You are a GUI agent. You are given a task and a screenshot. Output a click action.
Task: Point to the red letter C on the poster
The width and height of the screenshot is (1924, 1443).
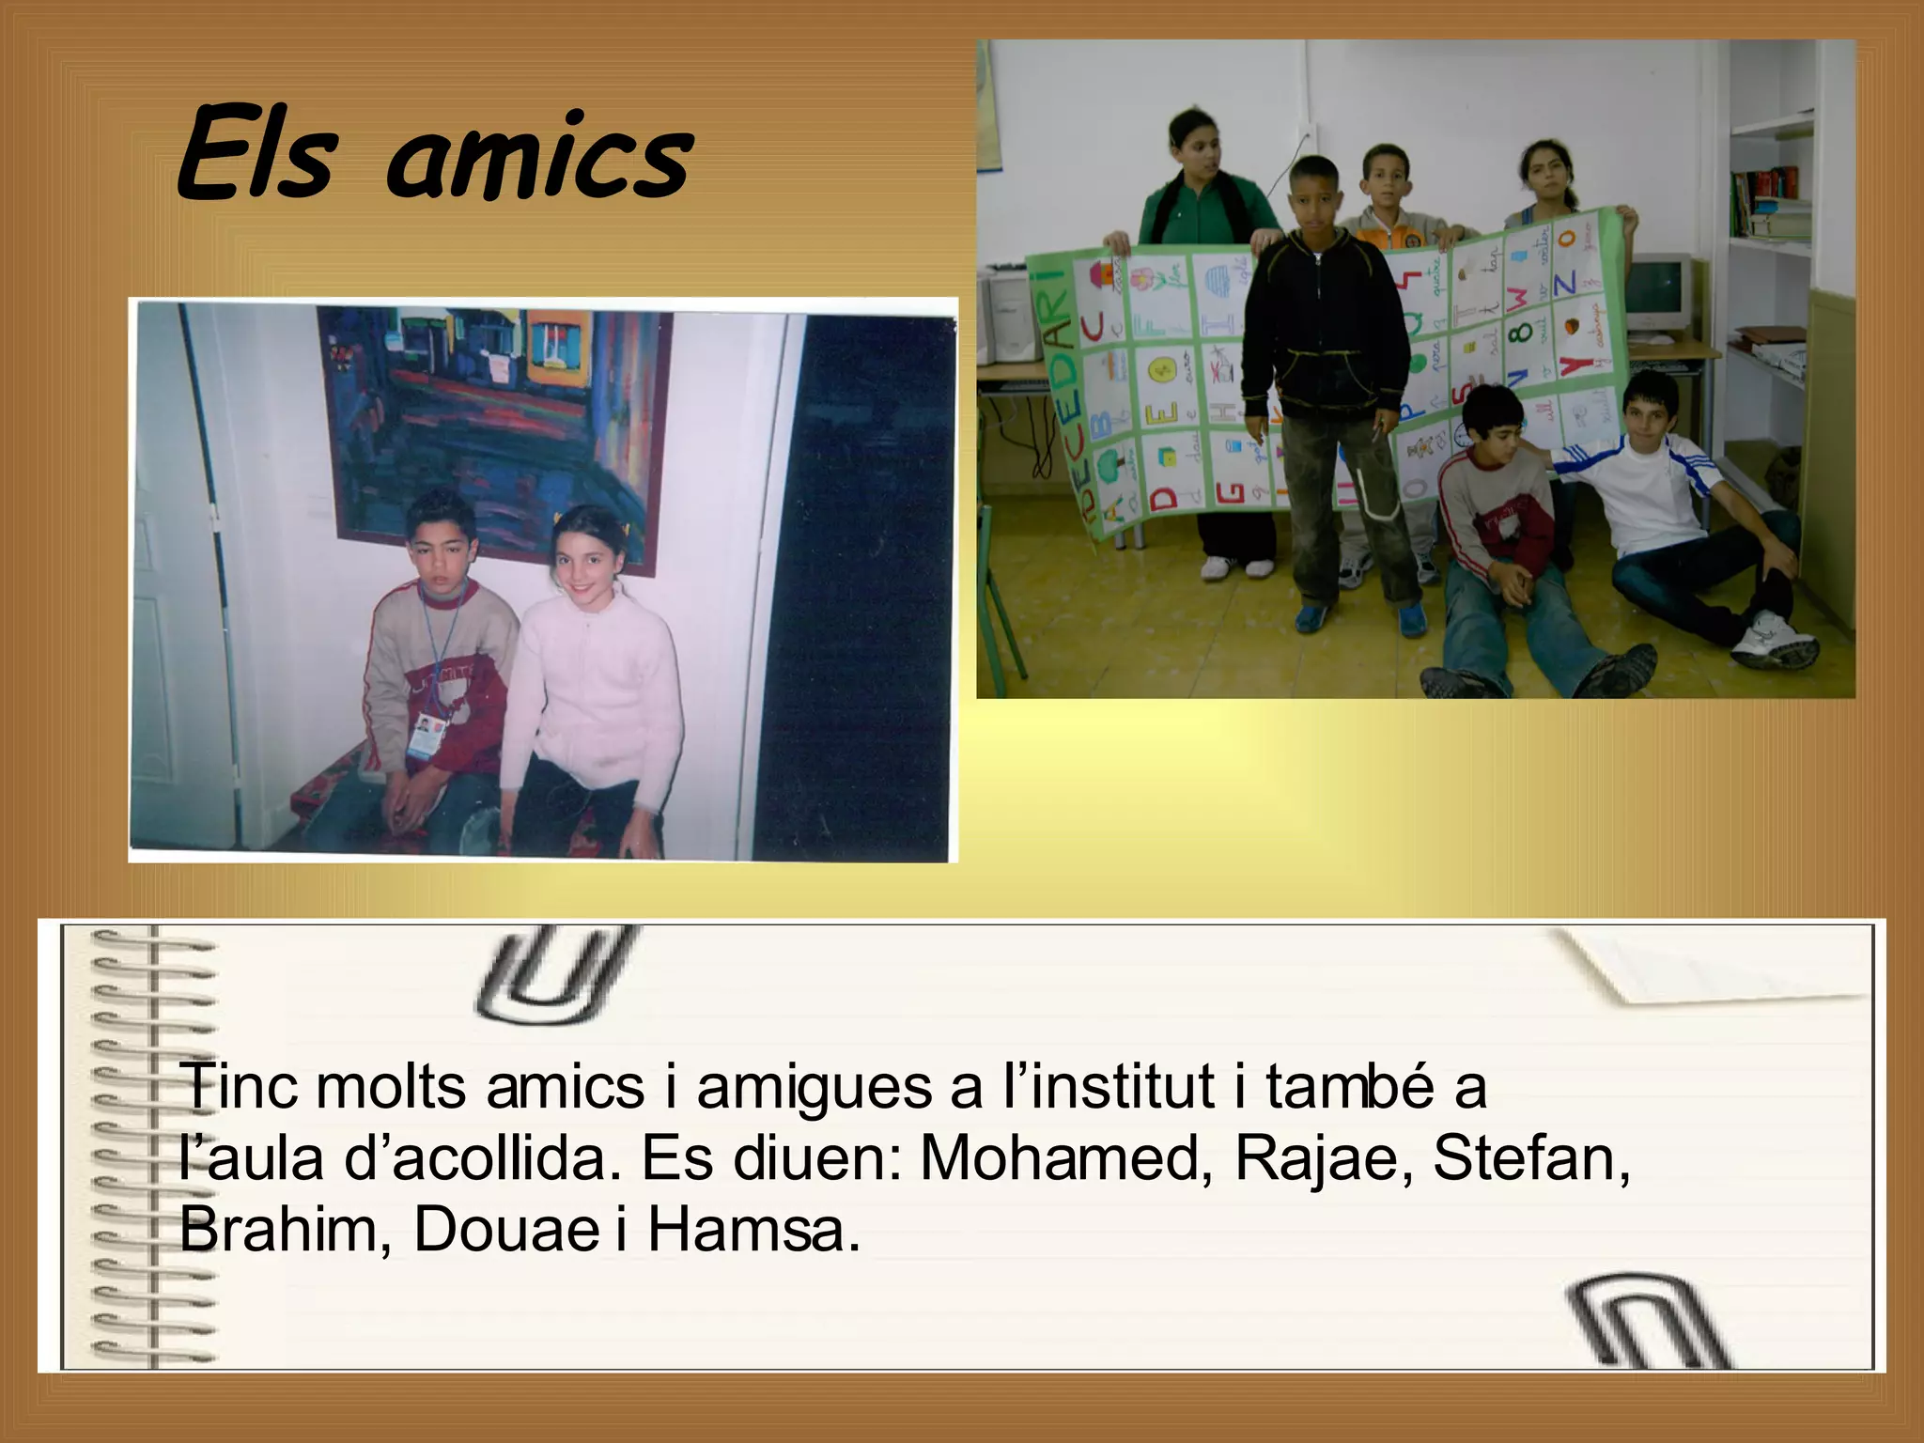(x=1091, y=328)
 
